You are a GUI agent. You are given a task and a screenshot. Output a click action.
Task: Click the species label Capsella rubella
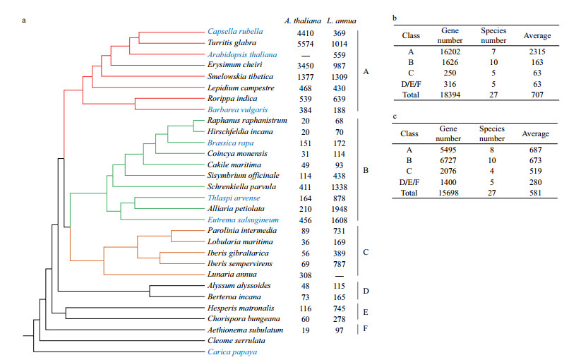point(235,32)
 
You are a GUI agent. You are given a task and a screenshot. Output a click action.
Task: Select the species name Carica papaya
point(232,352)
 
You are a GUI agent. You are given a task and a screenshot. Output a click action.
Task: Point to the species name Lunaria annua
point(229,274)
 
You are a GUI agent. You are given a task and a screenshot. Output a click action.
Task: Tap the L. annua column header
point(339,19)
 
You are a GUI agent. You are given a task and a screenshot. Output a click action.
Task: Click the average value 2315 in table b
point(537,52)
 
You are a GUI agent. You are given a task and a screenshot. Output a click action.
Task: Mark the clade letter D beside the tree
point(365,291)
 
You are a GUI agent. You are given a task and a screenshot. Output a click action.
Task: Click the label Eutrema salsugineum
point(241,220)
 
